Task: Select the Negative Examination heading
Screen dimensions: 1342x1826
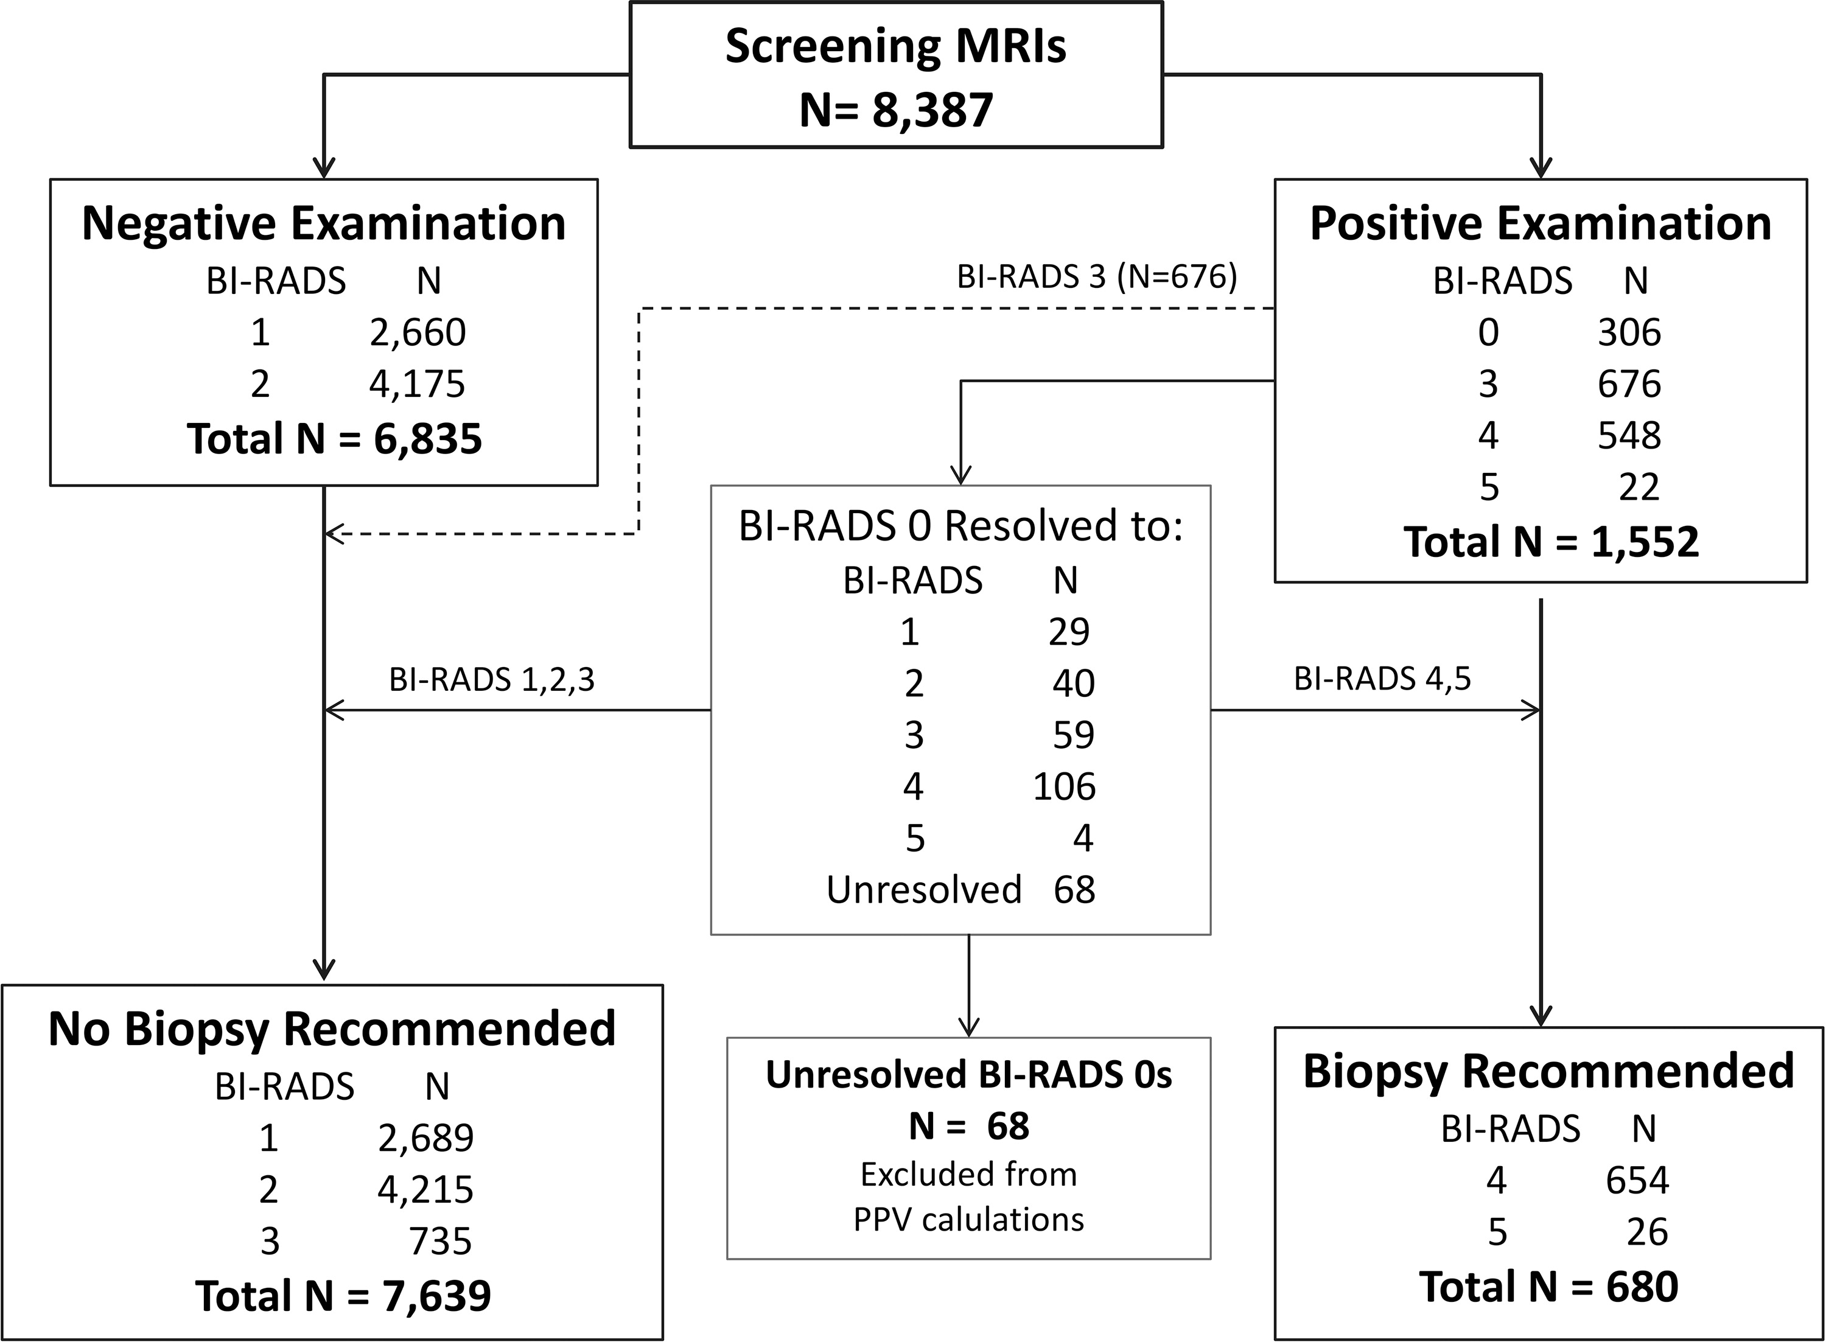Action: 323,223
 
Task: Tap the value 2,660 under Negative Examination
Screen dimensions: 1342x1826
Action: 418,332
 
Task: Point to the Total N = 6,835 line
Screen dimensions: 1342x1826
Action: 335,439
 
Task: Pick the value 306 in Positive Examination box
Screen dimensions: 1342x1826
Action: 1629,332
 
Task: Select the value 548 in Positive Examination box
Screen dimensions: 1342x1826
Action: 1629,435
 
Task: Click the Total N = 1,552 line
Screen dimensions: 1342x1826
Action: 1551,542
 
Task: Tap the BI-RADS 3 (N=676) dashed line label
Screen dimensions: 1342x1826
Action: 1097,278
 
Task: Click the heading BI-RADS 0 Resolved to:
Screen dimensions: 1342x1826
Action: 960,526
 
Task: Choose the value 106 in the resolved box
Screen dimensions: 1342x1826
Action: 1064,786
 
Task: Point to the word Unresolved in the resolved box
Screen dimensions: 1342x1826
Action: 923,890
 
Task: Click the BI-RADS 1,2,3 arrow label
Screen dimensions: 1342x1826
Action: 491,679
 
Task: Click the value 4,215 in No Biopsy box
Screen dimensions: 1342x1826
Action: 425,1190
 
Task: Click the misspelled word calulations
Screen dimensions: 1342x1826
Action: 1002,1219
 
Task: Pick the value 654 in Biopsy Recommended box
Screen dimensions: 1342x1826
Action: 1637,1180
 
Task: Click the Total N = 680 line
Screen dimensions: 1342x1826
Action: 1548,1287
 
